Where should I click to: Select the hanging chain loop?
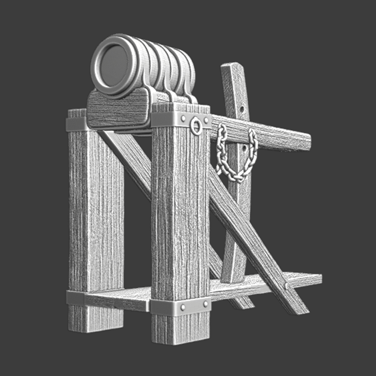coord(238,157)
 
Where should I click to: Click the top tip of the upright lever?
coord(232,67)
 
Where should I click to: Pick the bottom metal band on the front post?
coord(180,307)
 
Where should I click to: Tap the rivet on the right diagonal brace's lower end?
coord(286,286)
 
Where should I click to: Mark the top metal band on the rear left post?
coord(76,124)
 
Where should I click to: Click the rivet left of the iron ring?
coord(184,119)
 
